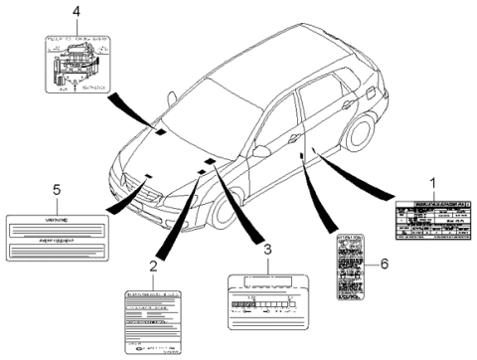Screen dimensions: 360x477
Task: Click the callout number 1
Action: click(431, 183)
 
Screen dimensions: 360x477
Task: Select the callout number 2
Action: click(153, 267)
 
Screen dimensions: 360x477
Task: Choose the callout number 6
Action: click(383, 265)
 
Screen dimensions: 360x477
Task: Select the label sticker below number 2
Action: click(154, 320)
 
